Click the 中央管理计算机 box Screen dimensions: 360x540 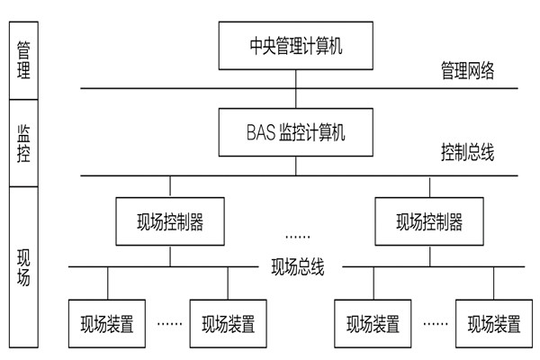point(296,43)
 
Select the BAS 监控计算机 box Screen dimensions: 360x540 point(296,131)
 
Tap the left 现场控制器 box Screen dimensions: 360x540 point(171,221)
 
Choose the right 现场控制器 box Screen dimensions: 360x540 point(428,221)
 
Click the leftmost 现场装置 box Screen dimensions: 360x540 point(108,322)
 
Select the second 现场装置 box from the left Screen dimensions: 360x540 point(227,322)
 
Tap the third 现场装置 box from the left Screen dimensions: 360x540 point(368,322)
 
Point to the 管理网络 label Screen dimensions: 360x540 point(467,69)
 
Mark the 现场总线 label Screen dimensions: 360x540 point(297,266)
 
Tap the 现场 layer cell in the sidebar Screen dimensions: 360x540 point(22,265)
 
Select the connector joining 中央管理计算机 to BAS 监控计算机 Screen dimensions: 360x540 point(296,87)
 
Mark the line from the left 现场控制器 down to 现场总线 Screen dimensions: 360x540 point(171,256)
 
